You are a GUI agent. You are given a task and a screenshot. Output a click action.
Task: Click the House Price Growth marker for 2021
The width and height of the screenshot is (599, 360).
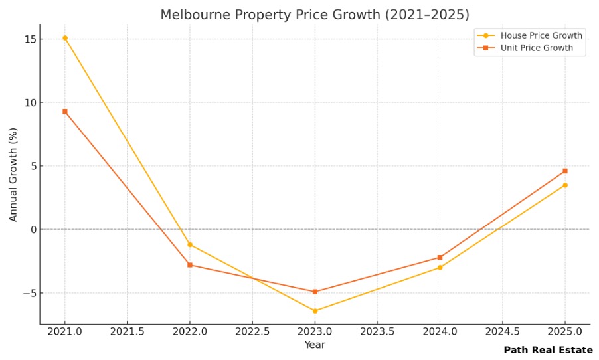click(64, 38)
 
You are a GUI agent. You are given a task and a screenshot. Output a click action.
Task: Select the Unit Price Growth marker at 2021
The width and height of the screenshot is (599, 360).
click(64, 111)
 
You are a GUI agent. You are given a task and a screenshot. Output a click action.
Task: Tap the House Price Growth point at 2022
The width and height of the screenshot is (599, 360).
click(190, 244)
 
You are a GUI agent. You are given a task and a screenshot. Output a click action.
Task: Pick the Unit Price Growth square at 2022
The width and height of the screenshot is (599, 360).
click(190, 265)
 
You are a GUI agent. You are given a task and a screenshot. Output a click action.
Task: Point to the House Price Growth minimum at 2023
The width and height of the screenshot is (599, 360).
click(315, 311)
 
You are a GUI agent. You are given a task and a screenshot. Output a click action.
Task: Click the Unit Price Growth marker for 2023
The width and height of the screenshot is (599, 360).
click(315, 292)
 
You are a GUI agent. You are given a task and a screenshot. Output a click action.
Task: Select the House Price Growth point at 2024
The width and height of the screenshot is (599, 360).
click(440, 268)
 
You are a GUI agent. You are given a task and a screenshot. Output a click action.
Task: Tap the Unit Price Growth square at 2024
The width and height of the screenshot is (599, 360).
click(440, 257)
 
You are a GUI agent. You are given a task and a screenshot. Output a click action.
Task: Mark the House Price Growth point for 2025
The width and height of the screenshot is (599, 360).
click(565, 185)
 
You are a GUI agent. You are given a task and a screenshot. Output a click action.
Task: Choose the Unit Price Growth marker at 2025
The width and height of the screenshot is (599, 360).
click(565, 171)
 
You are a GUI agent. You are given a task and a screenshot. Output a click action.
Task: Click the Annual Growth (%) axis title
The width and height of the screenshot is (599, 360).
click(13, 175)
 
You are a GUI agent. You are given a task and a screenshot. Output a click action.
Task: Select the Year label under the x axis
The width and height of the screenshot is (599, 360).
click(315, 345)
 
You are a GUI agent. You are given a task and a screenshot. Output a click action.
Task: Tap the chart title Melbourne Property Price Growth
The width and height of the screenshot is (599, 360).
click(314, 15)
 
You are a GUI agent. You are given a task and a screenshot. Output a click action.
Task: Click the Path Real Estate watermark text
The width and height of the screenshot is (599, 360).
click(548, 350)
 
